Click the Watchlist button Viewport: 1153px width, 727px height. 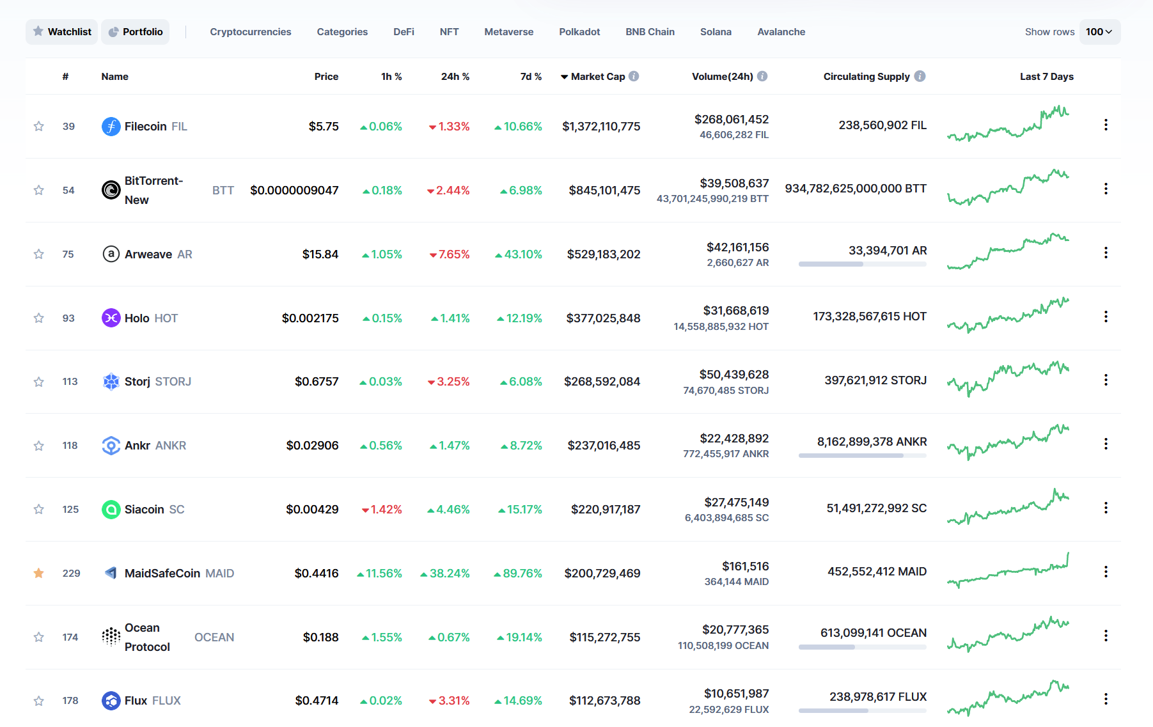(x=62, y=32)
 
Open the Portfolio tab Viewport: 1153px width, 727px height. (x=136, y=32)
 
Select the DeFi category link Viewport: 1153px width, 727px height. (x=404, y=32)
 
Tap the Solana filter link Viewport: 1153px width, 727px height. (x=715, y=32)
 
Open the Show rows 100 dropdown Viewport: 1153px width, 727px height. (x=1099, y=32)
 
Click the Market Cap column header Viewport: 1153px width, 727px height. (x=597, y=77)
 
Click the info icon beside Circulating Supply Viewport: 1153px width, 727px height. (x=920, y=76)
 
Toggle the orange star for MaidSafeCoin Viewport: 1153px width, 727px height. (x=39, y=573)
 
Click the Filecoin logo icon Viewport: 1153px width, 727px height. (x=111, y=127)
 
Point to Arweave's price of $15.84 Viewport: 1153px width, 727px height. (x=320, y=254)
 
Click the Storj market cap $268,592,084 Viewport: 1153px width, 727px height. (x=602, y=382)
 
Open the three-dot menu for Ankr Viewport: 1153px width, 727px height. (x=1105, y=444)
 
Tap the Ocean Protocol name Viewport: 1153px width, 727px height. (x=146, y=637)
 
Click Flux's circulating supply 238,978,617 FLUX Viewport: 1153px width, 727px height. (x=877, y=697)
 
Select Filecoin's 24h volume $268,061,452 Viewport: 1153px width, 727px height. (x=732, y=120)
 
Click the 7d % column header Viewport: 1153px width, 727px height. (x=531, y=77)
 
